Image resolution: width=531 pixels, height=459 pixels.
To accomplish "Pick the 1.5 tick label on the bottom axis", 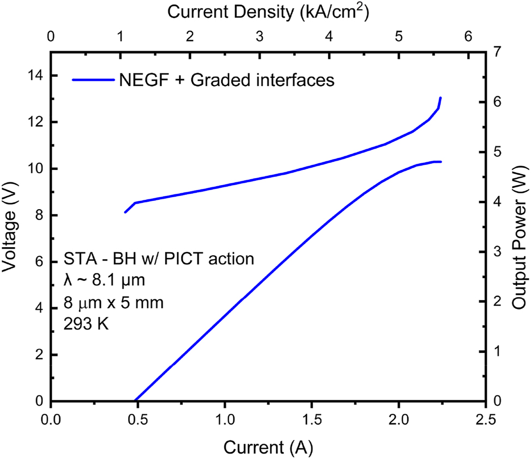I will pos(311,420).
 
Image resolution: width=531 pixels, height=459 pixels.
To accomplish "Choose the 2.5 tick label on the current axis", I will pos(485,420).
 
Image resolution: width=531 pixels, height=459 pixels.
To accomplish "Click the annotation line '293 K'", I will pos(87,325).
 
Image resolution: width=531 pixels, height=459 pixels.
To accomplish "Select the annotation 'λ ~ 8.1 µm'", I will pos(104,281).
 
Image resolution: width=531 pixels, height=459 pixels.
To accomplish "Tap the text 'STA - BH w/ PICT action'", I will pos(159,259).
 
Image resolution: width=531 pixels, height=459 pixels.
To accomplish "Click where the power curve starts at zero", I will pos(135,400).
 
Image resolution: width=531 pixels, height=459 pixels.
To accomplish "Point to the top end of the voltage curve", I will pos(440,99).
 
